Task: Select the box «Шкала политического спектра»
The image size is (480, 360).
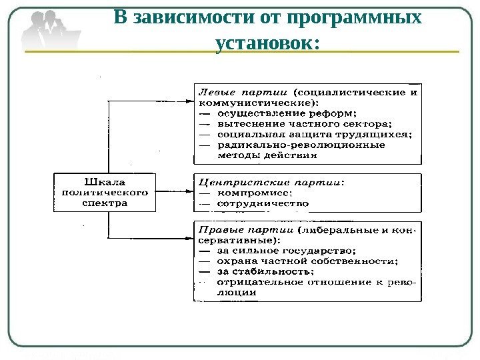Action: pyautogui.click(x=103, y=191)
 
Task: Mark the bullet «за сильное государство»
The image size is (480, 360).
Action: pyautogui.click(x=281, y=251)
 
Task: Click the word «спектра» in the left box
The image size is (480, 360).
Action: pyautogui.click(x=103, y=203)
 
